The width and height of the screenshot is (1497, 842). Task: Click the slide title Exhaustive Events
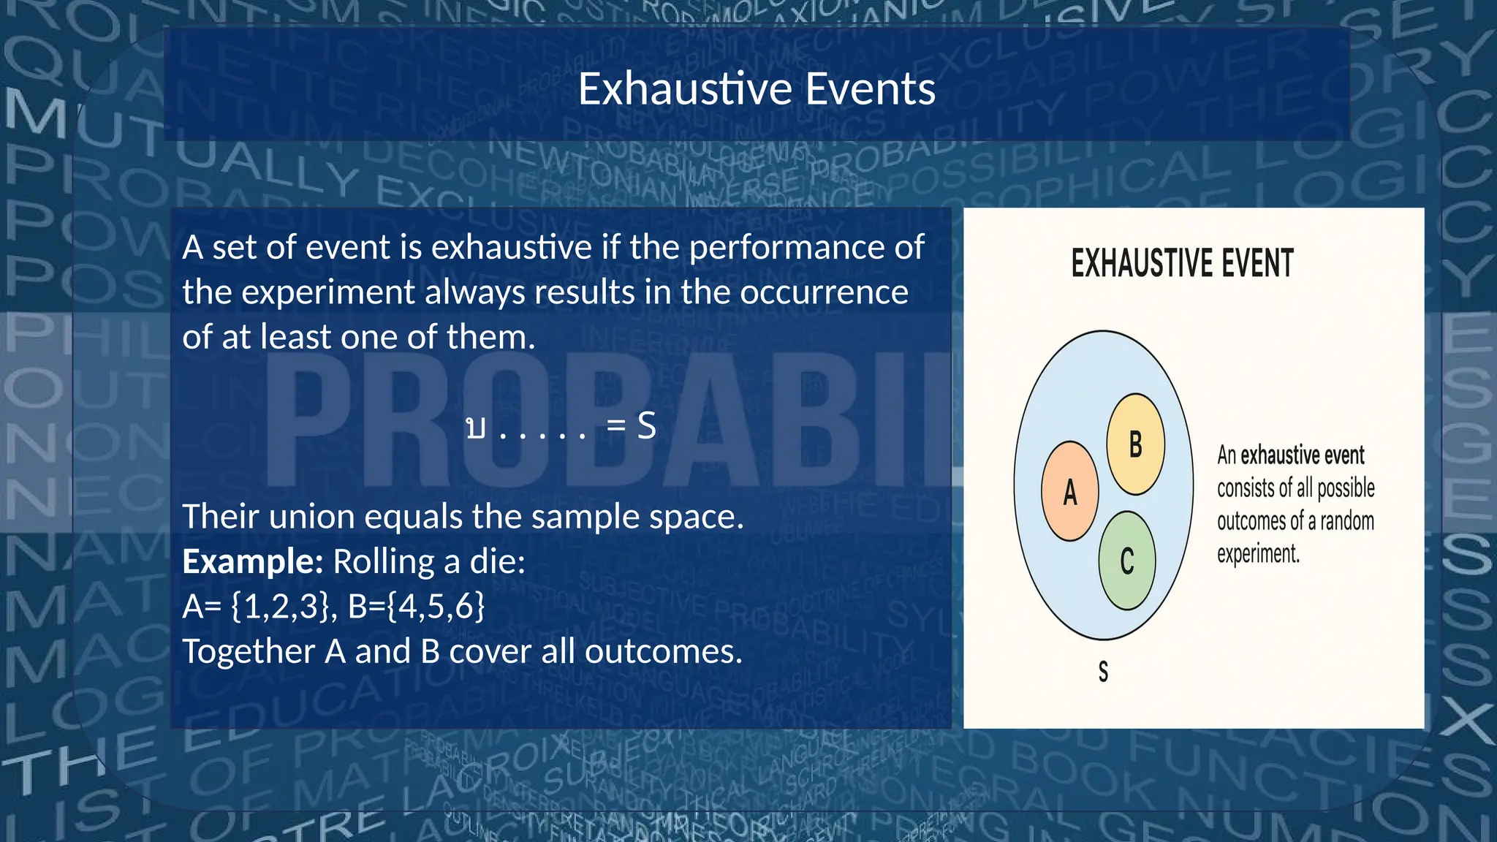pyautogui.click(x=757, y=89)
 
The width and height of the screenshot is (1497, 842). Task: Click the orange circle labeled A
pyautogui.click(x=1069, y=491)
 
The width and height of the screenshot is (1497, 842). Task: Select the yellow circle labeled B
pyautogui.click(x=1135, y=444)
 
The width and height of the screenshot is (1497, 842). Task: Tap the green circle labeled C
pyautogui.click(x=1127, y=561)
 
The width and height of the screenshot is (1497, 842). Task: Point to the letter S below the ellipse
pyautogui.click(x=1103, y=671)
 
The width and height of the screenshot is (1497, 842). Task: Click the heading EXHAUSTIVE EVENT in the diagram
pyautogui.click(x=1182, y=264)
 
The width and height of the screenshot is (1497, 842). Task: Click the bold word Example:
pyautogui.click(x=252, y=561)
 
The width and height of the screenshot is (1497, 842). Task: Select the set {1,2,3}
pyautogui.click(x=280, y=607)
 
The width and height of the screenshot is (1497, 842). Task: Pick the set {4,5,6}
pyautogui.click(x=436, y=607)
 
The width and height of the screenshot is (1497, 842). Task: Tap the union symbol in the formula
pyautogui.click(x=475, y=427)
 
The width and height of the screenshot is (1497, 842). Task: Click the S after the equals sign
pyautogui.click(x=646, y=425)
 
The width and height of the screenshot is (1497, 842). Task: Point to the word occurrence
pyautogui.click(x=824, y=292)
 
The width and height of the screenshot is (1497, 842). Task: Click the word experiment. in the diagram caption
pyautogui.click(x=1258, y=554)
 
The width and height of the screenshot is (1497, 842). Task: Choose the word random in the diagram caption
pyautogui.click(x=1347, y=521)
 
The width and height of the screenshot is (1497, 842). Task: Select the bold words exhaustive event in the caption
pyautogui.click(x=1302, y=455)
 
